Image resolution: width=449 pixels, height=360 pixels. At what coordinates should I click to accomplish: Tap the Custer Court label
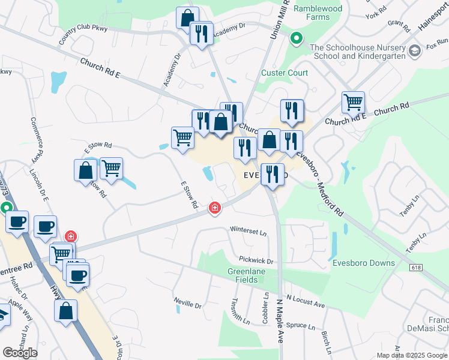pyautogui.click(x=285, y=73)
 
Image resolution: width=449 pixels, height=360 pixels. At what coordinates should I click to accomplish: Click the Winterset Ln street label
pyautogui.click(x=248, y=230)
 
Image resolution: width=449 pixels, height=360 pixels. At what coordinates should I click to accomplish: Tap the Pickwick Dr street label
pyautogui.click(x=256, y=261)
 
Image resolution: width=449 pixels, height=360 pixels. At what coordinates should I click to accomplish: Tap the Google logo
pyautogui.click(x=20, y=353)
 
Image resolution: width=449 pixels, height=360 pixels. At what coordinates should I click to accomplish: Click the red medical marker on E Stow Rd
pyautogui.click(x=214, y=208)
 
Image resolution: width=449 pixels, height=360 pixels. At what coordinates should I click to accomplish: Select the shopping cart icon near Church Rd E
pyautogui.click(x=353, y=103)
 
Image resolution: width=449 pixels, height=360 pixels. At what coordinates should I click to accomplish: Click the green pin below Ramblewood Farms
pyautogui.click(x=296, y=39)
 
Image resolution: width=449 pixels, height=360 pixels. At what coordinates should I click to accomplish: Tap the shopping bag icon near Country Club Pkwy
pyautogui.click(x=187, y=17)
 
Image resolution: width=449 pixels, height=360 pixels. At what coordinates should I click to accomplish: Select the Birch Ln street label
pyautogui.click(x=327, y=341)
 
